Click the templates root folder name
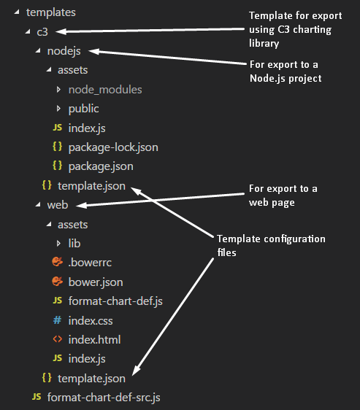tap(51, 12)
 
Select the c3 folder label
tap(42, 32)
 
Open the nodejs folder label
tap(64, 51)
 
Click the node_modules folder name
tap(105, 90)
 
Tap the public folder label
tap(83, 109)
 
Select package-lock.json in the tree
tap(113, 147)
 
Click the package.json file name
tap(101, 166)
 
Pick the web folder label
tap(58, 205)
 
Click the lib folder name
tap(74, 244)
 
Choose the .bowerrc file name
tap(90, 263)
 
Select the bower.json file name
tap(96, 282)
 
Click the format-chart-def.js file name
tap(115, 301)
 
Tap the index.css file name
tap(91, 320)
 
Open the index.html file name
tap(94, 340)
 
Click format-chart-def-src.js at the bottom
tap(104, 398)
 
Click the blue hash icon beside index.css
tap(58, 320)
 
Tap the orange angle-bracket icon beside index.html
tap(58, 339)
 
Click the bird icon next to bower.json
tap(58, 282)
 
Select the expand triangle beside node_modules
tap(58, 90)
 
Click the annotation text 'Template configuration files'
tap(271, 246)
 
